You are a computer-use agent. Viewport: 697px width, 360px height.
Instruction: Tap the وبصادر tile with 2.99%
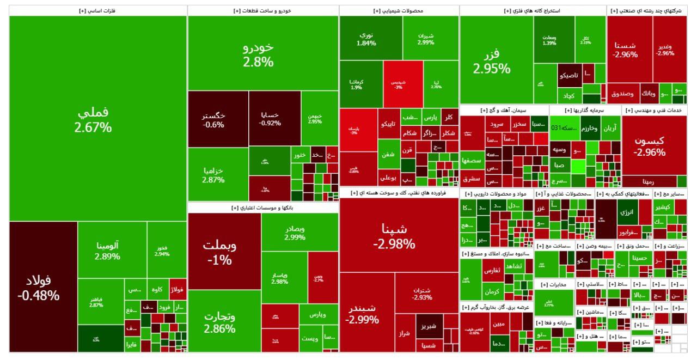tap(295, 233)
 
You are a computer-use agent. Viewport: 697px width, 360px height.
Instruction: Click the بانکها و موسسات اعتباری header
tap(262, 208)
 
